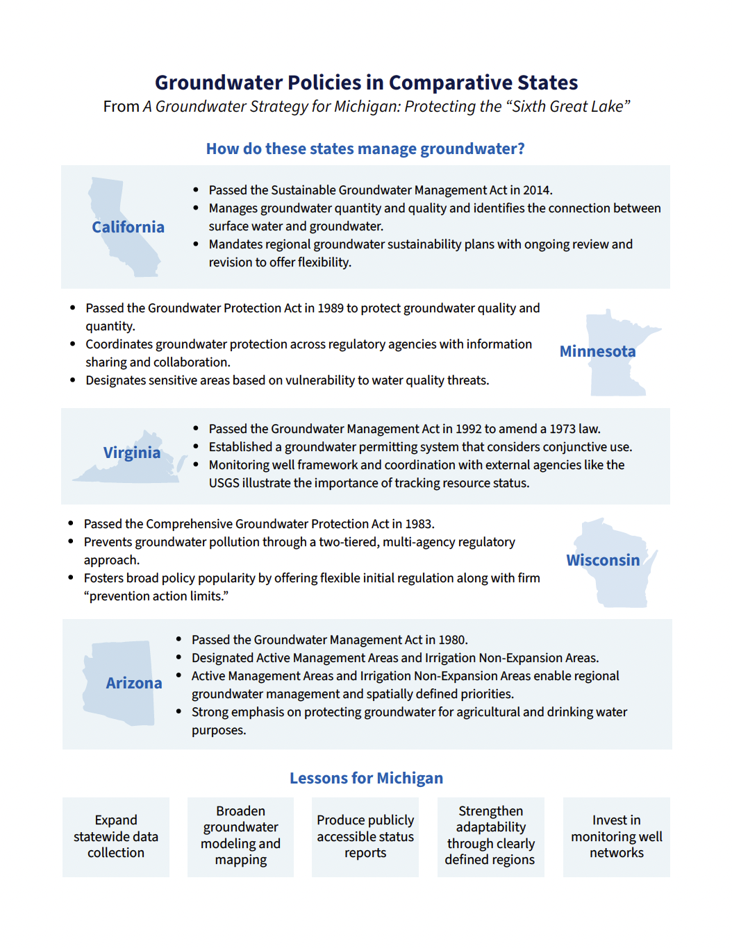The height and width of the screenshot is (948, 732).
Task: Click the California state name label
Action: pyautogui.click(x=128, y=227)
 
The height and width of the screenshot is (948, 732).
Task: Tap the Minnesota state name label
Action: pyautogui.click(x=597, y=351)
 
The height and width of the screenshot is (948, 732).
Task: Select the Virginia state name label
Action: pyautogui.click(x=132, y=452)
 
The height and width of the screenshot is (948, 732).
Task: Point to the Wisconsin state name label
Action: pyautogui.click(x=603, y=560)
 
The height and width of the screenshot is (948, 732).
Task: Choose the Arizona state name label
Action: pyautogui.click(x=134, y=683)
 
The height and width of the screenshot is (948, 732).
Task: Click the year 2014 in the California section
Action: pyautogui.click(x=537, y=190)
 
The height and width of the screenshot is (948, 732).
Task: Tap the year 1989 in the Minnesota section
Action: pyautogui.click(x=331, y=308)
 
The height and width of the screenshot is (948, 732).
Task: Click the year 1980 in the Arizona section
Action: pyautogui.click(x=453, y=640)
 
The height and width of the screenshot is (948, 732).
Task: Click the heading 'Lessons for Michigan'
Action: pyautogui.click(x=366, y=778)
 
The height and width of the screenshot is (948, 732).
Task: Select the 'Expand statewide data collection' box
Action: pyautogui.click(x=116, y=836)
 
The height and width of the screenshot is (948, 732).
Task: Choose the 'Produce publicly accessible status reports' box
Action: pyautogui.click(x=365, y=836)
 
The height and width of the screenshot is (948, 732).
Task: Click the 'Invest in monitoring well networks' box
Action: pyautogui.click(x=616, y=836)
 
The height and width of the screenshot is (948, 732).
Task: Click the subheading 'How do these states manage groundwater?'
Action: pyautogui.click(x=365, y=149)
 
